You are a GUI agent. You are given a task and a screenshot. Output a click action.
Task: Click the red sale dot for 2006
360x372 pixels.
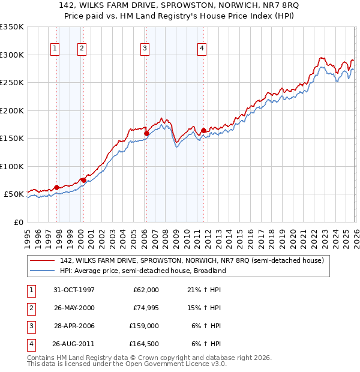pyautogui.click(x=146, y=133)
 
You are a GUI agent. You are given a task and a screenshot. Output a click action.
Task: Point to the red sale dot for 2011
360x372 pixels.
pyautogui.click(x=203, y=130)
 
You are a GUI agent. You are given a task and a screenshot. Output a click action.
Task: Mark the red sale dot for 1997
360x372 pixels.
pyautogui.click(x=57, y=187)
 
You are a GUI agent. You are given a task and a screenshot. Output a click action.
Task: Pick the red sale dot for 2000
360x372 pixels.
pyautogui.click(x=83, y=180)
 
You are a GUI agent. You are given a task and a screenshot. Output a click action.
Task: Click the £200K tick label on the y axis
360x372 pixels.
pyautogui.click(x=12, y=110)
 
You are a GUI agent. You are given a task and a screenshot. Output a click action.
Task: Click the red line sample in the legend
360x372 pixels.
pyautogui.click(x=43, y=260)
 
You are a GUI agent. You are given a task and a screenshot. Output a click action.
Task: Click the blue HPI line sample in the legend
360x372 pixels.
pyautogui.click(x=43, y=271)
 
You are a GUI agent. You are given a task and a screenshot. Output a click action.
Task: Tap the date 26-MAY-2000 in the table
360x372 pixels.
pyautogui.click(x=74, y=307)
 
